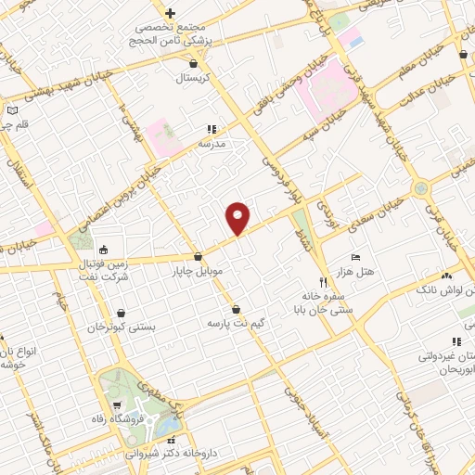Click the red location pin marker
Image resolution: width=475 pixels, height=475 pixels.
coord(239,217)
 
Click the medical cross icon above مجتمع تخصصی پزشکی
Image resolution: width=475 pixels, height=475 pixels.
coord(170,13)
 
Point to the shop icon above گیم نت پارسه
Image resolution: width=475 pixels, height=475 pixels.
coord(236,310)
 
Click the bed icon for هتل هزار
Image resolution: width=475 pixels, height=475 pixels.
coord(356,256)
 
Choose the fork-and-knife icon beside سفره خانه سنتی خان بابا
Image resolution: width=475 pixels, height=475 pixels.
coord(323,281)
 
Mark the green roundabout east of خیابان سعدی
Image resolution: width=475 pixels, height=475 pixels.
coord(423,188)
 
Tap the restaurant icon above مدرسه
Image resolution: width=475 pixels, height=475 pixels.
coord(212,130)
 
